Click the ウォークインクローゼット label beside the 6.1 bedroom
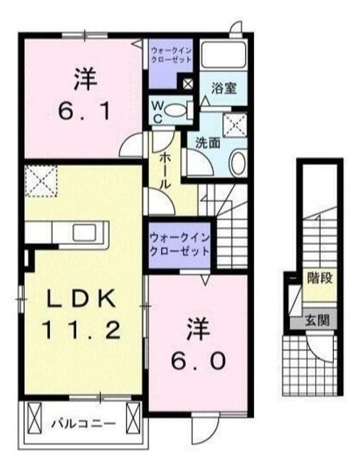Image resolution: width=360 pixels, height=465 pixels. pyautogui.click(x=171, y=55)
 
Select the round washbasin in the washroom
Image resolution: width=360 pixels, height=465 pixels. pyautogui.click(x=238, y=162)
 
